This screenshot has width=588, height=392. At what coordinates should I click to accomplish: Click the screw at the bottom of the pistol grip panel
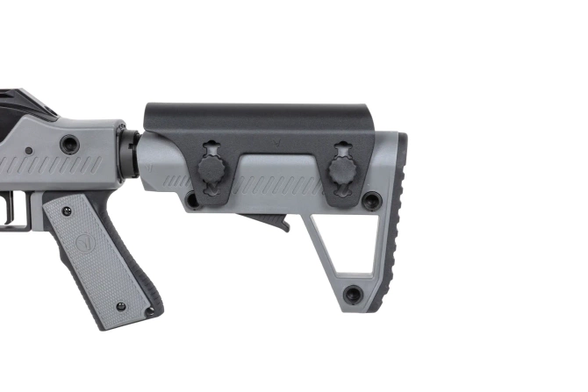pos(121,306)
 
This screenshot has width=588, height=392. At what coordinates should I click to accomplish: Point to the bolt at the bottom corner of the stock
pos(353,294)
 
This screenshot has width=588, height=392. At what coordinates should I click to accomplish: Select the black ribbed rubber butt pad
pos(398,219)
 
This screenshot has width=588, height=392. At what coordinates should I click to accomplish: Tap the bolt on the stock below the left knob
pos(190,201)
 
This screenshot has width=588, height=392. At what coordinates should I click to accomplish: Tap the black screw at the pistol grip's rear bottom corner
pos(150,311)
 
